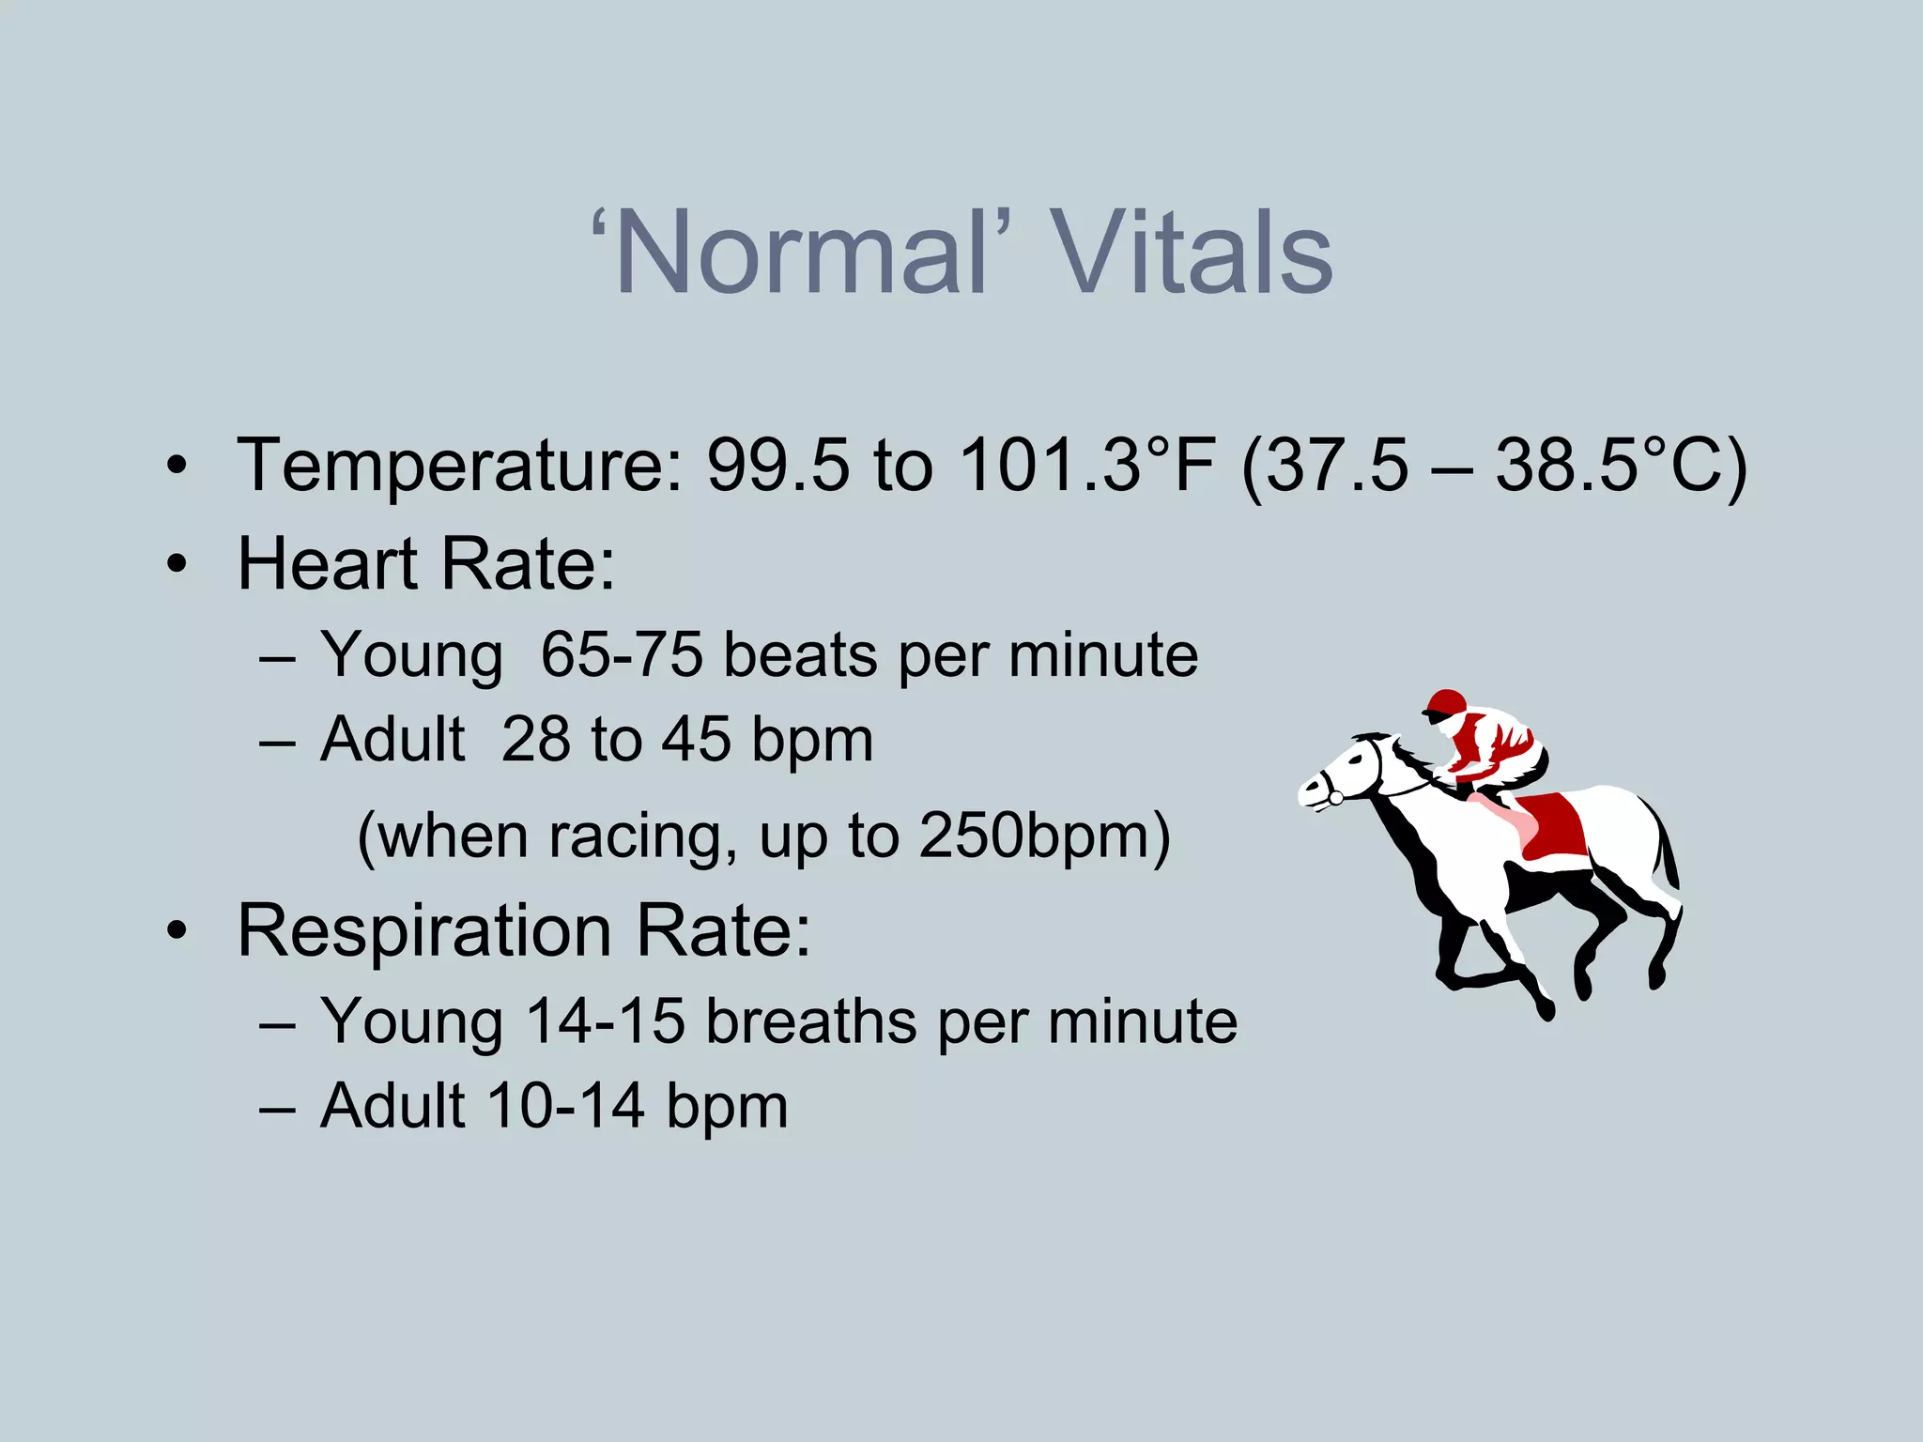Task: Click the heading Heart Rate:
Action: click(x=426, y=564)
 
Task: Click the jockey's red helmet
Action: click(x=1445, y=703)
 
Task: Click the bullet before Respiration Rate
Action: click(x=177, y=932)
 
